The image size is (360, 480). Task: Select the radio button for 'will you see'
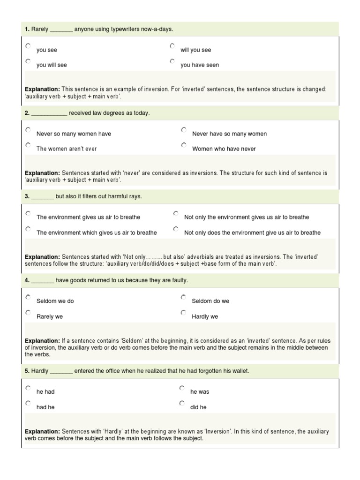(172, 46)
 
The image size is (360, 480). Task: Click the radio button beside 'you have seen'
(172, 61)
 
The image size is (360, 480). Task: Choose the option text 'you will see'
(52, 65)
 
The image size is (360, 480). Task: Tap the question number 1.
(27, 30)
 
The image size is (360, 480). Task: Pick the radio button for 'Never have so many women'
(184, 130)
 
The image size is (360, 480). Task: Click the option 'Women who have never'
(224, 149)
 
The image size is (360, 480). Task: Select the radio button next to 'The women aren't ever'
(28, 145)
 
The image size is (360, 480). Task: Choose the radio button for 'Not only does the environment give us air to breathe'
(176, 229)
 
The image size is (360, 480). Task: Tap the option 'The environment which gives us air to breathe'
(97, 232)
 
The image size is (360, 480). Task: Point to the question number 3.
(27, 196)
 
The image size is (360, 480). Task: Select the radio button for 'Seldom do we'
(183, 297)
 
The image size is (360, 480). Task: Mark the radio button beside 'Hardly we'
(183, 313)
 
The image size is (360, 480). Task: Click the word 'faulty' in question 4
(179, 280)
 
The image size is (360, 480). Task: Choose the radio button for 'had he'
(28, 403)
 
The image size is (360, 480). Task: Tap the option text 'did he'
(198, 407)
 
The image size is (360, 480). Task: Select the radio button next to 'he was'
(182, 388)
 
